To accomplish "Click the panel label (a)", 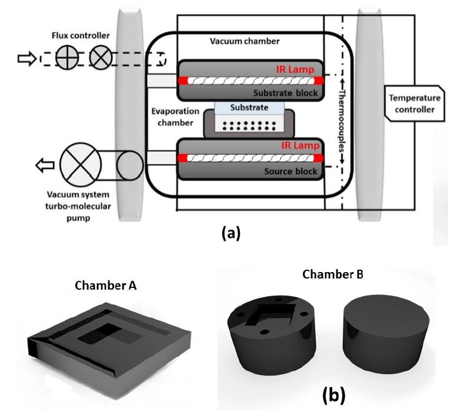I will pos(229,233).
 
